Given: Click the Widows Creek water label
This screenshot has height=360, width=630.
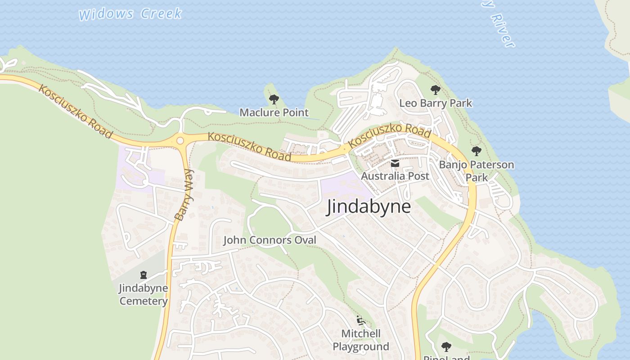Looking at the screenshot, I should [130, 13].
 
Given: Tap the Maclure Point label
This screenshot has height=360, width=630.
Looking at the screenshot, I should [274, 112].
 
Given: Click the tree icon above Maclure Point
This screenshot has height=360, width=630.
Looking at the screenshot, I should [274, 99].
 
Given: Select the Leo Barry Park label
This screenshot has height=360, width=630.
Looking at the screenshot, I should [436, 103].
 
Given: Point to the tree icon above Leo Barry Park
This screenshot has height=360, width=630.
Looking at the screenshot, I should [435, 90].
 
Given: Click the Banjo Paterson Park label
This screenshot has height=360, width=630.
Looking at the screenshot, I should [476, 171].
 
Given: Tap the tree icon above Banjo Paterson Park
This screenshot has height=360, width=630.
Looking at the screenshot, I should [476, 151].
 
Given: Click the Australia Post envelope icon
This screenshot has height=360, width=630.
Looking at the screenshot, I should [395, 163].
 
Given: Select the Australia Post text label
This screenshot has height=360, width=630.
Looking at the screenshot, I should [395, 176].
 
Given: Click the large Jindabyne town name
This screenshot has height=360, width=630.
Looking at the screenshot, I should [369, 207].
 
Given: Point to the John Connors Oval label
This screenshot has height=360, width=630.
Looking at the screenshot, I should [270, 240].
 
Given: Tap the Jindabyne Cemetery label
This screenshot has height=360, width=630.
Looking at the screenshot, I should [143, 294].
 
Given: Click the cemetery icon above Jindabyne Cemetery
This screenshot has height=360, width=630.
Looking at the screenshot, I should [143, 274].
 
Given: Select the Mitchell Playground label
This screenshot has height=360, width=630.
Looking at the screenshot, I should [361, 340].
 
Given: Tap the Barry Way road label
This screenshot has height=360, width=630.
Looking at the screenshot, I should [183, 194].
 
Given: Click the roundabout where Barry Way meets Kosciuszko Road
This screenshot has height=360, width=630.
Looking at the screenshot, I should [180, 140].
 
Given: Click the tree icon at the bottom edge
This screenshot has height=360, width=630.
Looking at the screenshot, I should [446, 346].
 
